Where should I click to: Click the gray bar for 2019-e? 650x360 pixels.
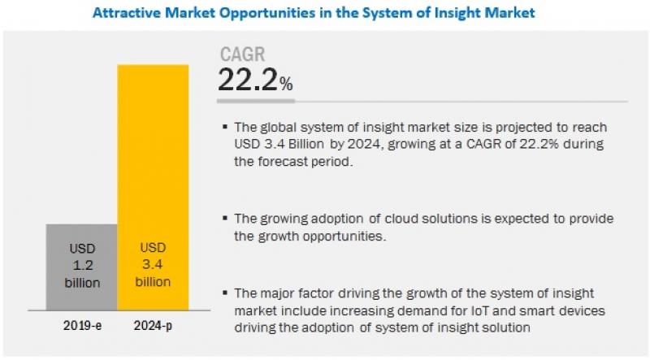tap(82, 267)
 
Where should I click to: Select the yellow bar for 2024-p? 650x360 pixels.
tap(153, 188)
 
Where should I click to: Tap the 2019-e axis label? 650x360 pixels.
tap(82, 326)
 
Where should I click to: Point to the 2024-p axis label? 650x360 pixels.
tap(153, 326)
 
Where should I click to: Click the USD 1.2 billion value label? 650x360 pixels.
tap(82, 266)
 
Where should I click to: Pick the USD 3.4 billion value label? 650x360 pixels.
tap(153, 265)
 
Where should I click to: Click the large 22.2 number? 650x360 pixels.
tap(248, 80)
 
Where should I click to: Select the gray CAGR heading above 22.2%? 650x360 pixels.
tap(242, 54)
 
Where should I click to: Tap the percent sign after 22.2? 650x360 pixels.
tap(286, 84)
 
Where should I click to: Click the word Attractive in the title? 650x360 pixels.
tap(127, 12)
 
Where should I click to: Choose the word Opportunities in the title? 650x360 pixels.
tap(267, 13)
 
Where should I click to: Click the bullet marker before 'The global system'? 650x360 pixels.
tap(225, 127)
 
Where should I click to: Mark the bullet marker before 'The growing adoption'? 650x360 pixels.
tap(225, 218)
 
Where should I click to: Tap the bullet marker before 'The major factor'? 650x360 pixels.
tap(225, 293)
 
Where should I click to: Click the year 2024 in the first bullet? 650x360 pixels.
tap(363, 144)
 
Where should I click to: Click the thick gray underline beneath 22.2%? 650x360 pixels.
tap(256, 101)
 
